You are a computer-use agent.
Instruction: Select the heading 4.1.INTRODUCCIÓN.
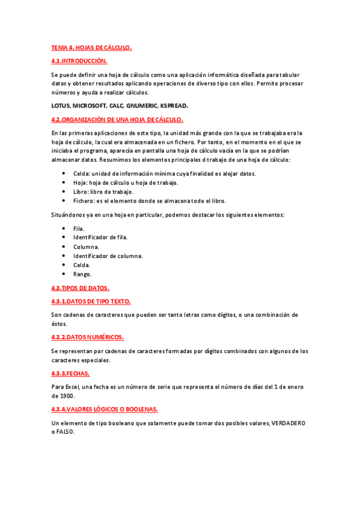79,61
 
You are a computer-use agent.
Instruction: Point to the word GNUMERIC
140,105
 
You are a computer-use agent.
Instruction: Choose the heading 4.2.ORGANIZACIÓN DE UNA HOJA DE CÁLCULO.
117,119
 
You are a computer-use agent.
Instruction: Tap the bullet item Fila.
79,229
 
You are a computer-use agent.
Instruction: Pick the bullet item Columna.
87,247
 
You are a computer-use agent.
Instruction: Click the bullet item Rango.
83,274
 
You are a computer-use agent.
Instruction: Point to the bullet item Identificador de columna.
108,256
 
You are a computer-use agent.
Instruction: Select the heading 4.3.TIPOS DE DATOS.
80,288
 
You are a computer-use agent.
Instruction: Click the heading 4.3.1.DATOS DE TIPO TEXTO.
91,301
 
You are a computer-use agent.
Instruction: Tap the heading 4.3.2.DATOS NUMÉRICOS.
88,337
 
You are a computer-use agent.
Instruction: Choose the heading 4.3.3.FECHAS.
70,373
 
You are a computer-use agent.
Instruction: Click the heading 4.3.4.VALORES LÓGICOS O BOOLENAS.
105,409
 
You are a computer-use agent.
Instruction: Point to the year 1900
59,396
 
